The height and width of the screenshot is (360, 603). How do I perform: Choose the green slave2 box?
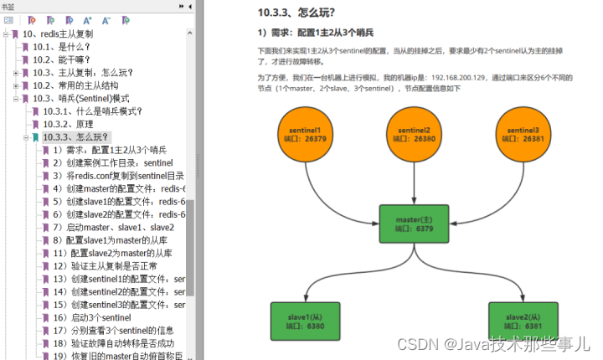(523, 321)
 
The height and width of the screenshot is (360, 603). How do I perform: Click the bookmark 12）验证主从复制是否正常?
(112, 265)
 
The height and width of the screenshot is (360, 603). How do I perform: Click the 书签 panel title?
(9, 5)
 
